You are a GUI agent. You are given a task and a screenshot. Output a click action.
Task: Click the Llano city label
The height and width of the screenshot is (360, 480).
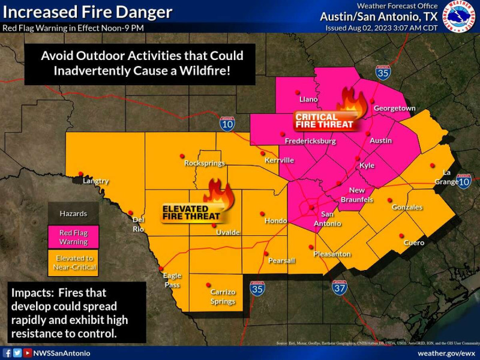pos(308,99)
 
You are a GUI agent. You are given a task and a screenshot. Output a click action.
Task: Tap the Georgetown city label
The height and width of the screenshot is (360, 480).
pos(395,108)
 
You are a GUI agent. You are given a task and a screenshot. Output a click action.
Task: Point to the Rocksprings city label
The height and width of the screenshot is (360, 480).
pos(205,163)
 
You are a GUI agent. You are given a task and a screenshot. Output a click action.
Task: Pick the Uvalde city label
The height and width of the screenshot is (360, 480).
pos(228,232)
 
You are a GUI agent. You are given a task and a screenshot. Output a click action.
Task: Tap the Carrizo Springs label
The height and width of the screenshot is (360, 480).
pos(223,296)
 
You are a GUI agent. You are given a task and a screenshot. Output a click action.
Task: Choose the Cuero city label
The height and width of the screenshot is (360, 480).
pos(414,242)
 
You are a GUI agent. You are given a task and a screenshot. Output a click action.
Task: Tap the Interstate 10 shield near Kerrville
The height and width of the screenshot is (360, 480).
pos(227,123)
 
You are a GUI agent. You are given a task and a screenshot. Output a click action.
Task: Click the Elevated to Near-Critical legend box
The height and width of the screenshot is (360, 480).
pos(73,263)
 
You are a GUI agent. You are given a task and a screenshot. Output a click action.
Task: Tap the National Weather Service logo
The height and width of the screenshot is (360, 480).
pos(462,16)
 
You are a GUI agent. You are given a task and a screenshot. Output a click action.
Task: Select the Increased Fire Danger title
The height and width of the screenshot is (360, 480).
pos(88,12)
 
